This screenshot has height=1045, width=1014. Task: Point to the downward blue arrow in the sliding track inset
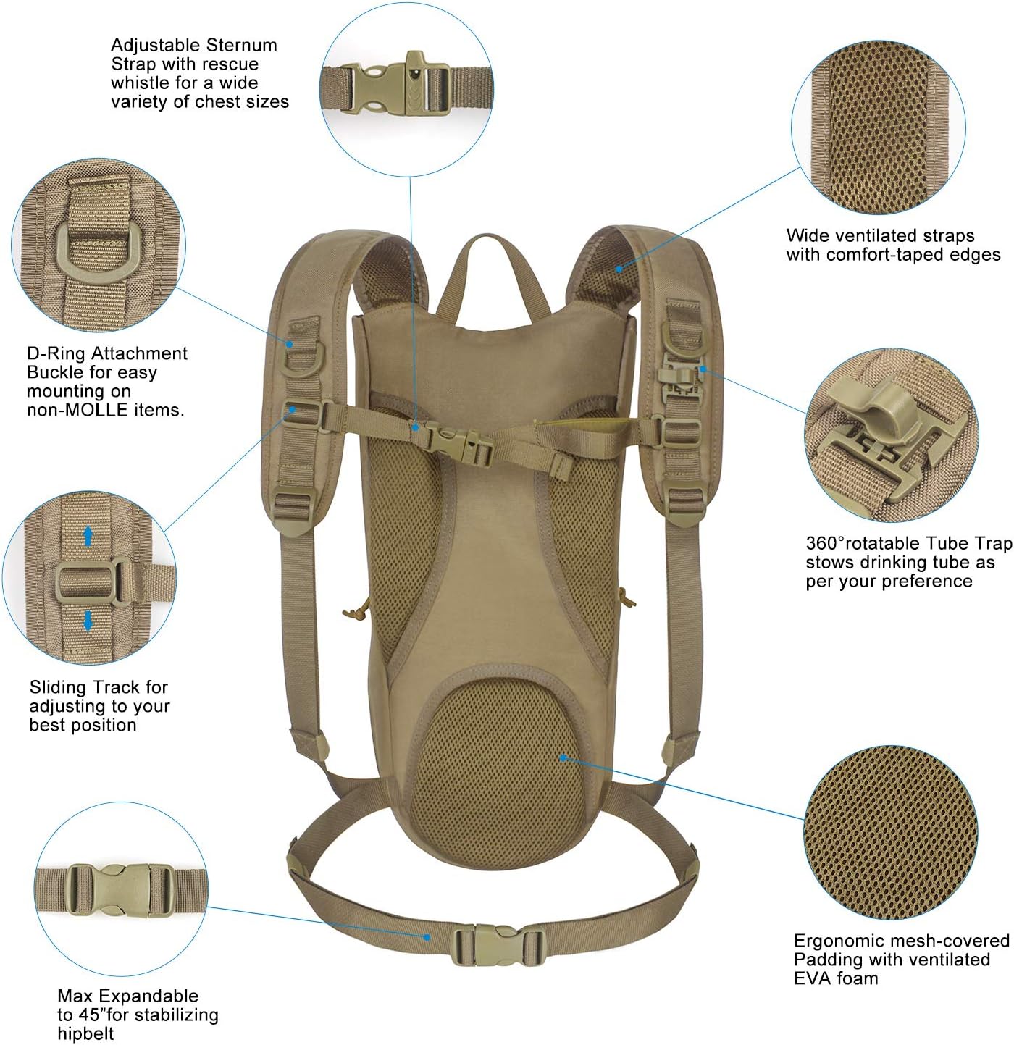tap(88, 621)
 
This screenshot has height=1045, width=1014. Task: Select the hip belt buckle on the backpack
tap(498, 944)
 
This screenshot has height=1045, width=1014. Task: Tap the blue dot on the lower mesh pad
tap(563, 757)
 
